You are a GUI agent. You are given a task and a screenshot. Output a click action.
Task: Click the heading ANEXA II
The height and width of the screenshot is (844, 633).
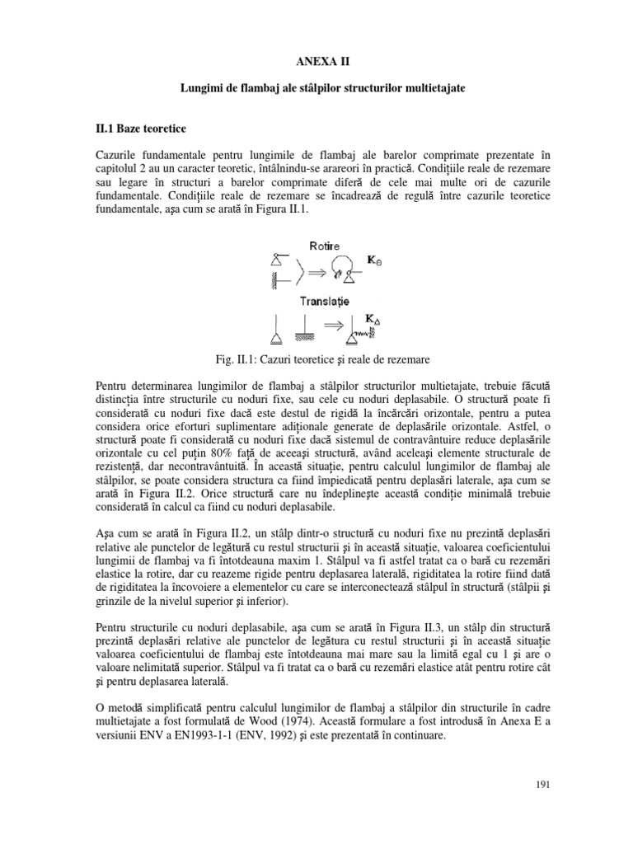(316, 61)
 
